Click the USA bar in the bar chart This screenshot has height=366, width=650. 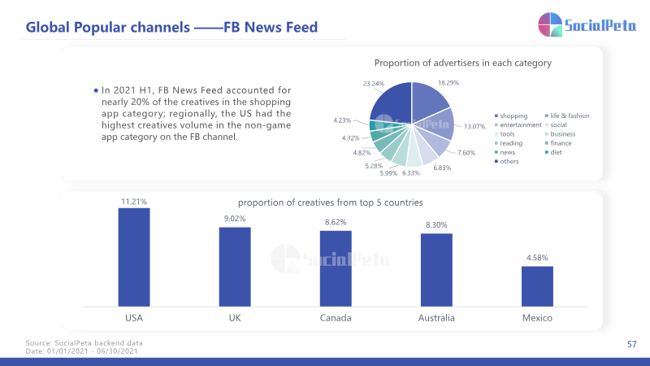[x=134, y=257]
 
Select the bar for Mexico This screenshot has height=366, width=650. [x=537, y=286]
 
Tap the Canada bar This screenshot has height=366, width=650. [x=336, y=268]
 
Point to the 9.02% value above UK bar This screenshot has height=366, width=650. [x=235, y=219]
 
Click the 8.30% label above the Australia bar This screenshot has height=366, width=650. [x=436, y=225]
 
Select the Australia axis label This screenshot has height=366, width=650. [x=436, y=318]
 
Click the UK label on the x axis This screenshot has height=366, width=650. [x=235, y=318]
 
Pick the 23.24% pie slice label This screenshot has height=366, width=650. [x=374, y=84]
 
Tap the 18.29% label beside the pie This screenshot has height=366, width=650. [x=448, y=83]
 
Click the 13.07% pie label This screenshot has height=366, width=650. [x=474, y=126]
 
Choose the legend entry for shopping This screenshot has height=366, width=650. [x=511, y=115]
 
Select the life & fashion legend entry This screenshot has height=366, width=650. [x=567, y=115]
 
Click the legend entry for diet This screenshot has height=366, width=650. [x=553, y=152]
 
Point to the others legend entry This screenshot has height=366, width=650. [x=506, y=161]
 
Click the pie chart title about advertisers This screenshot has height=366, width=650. [x=463, y=63]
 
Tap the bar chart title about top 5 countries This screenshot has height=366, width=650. [x=331, y=203]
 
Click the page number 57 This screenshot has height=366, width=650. [x=632, y=344]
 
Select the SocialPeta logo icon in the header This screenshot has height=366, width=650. [x=550, y=24]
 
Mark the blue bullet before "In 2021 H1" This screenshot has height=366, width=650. [x=96, y=90]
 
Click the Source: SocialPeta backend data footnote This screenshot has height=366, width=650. [x=84, y=343]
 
